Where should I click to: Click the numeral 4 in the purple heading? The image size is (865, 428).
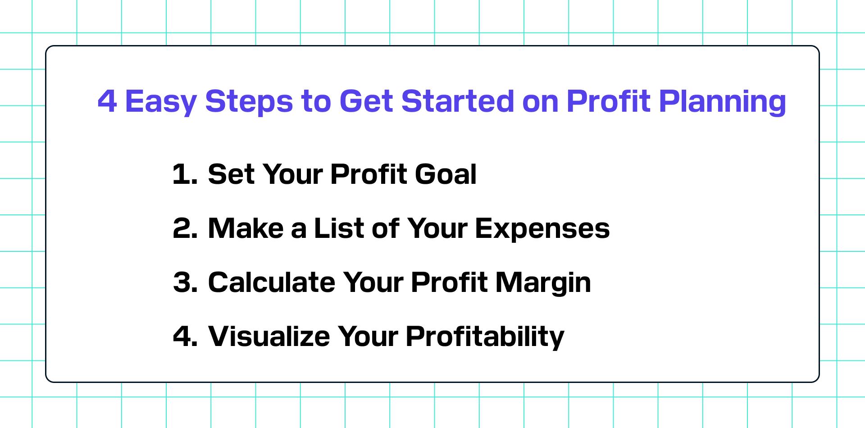point(107,101)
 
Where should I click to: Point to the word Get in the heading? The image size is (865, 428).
point(366,101)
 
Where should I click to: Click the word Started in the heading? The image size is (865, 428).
point(457,101)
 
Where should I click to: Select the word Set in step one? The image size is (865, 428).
point(230,174)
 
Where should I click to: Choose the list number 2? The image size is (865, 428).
point(185,228)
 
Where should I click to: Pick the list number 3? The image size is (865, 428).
point(185,282)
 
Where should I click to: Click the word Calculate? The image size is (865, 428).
point(272,282)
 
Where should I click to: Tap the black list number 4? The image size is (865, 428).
point(185,337)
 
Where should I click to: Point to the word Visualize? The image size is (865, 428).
point(269,336)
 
